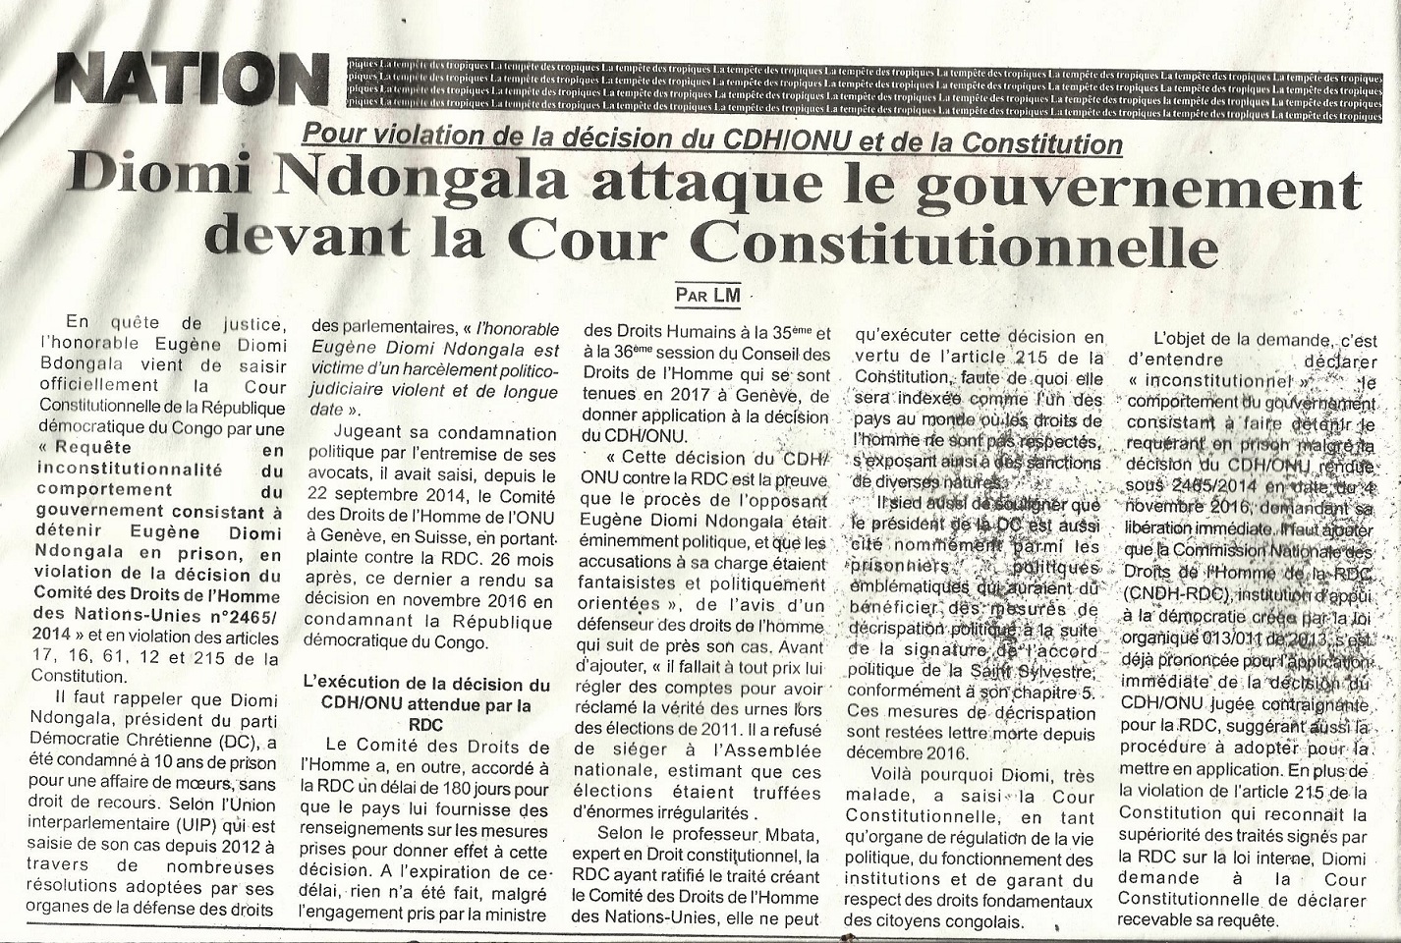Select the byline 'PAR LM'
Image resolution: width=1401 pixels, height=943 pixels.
707,293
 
